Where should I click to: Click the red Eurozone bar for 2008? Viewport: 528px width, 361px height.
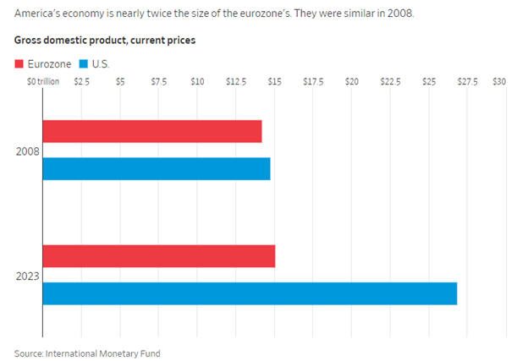[x=152, y=131]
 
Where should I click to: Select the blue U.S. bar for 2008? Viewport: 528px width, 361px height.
[x=157, y=169]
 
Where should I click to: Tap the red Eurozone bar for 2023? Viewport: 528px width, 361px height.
[x=159, y=255]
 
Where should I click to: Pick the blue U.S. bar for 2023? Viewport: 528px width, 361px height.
[x=250, y=293]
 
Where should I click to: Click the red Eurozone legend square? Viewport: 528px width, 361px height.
[x=20, y=64]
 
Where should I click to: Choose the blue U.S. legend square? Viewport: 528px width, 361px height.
[x=83, y=64]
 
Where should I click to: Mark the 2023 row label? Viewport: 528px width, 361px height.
[x=26, y=275]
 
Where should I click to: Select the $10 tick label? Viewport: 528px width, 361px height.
[x=197, y=82]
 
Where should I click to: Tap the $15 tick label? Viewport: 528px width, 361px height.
[x=274, y=82]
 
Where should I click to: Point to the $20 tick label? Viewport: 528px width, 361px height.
[x=351, y=82]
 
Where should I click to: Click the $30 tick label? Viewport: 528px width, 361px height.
[x=499, y=82]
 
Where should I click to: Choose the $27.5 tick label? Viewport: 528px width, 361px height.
[x=467, y=82]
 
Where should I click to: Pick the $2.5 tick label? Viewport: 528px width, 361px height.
[x=82, y=82]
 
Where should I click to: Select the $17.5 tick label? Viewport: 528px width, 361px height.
[x=312, y=82]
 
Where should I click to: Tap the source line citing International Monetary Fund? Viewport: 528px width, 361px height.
[x=87, y=353]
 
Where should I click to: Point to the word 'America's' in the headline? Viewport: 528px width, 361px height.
[x=38, y=14]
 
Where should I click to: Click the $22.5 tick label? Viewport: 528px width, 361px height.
[x=389, y=82]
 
